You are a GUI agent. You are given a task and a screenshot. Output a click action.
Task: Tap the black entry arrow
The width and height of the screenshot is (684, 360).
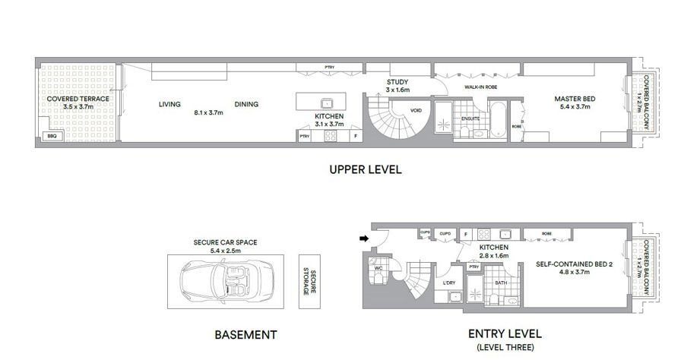tap(363, 238)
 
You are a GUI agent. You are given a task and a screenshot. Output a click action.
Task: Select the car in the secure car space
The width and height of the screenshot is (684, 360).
tap(226, 282)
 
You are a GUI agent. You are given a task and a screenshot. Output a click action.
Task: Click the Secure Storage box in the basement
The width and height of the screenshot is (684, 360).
tap(309, 282)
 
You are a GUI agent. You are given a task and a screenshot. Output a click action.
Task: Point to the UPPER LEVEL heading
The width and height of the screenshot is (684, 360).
tap(366, 169)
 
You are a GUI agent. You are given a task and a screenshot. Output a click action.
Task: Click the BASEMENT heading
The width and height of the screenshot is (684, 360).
tap(245, 335)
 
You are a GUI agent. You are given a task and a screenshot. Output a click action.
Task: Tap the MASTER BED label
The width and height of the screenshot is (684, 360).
tap(575, 99)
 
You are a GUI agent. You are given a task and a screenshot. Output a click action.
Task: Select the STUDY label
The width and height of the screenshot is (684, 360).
tap(397, 82)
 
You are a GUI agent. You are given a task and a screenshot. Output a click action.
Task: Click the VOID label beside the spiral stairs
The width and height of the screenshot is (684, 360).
tap(416, 111)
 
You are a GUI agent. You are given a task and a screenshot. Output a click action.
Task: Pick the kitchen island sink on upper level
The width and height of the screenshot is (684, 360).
tap(326, 103)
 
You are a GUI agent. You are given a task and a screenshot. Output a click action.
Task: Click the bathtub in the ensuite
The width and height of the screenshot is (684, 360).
tap(498, 119)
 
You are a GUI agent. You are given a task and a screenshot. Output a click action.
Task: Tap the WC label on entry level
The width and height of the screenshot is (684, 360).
tap(378, 268)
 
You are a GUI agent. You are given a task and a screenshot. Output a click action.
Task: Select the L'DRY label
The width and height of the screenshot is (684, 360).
tap(449, 283)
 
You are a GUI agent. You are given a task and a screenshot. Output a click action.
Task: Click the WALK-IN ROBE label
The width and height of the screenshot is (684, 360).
tap(481, 87)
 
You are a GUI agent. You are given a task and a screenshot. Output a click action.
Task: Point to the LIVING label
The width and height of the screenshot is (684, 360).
tap(169, 104)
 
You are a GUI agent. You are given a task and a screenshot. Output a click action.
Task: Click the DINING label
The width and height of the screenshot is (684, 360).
tap(246, 104)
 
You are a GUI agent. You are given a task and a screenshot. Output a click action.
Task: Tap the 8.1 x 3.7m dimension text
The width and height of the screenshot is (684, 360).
tap(208, 112)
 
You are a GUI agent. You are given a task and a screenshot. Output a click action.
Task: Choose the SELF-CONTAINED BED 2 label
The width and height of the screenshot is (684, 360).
tap(574, 264)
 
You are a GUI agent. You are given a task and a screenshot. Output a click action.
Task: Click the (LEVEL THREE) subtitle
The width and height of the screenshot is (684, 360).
tap(505, 347)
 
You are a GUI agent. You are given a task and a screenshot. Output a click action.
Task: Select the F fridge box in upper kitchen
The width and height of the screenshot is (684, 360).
tap(356, 136)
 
